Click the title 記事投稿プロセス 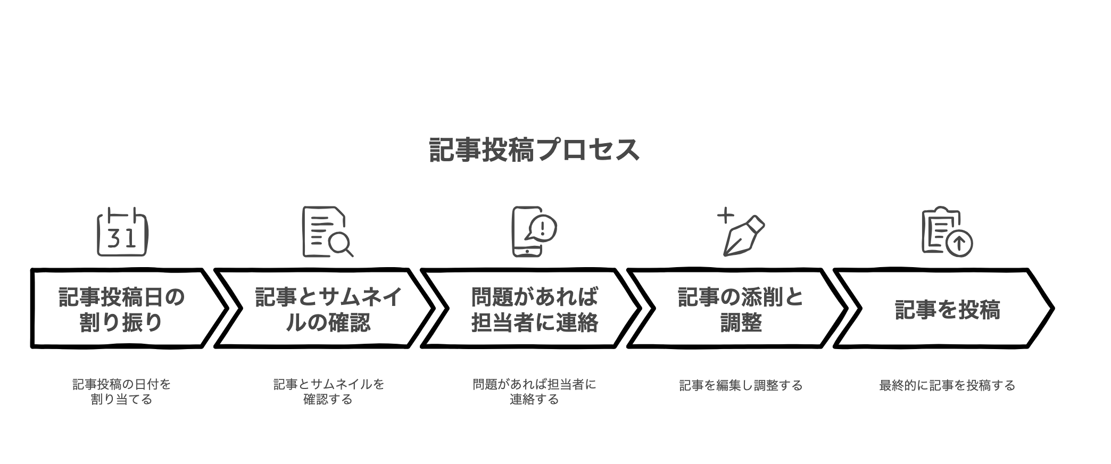pyautogui.click(x=534, y=150)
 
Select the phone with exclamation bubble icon pyautogui.click(x=534, y=231)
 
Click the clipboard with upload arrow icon pyautogui.click(x=947, y=231)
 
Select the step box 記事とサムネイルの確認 pyautogui.click(x=325, y=308)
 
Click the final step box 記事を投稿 pyautogui.click(x=944, y=308)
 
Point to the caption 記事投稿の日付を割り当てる pyautogui.click(x=122, y=392)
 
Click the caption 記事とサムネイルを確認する pyautogui.click(x=328, y=392)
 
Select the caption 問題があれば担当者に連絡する pyautogui.click(x=534, y=392)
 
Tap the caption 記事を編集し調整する pyautogui.click(x=741, y=385)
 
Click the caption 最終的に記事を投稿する pyautogui.click(x=947, y=385)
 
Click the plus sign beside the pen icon pyautogui.click(x=725, y=216)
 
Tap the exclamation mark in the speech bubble pyautogui.click(x=542, y=228)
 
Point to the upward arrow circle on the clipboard pyautogui.click(x=960, y=244)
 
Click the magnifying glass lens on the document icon pyautogui.click(x=338, y=243)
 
